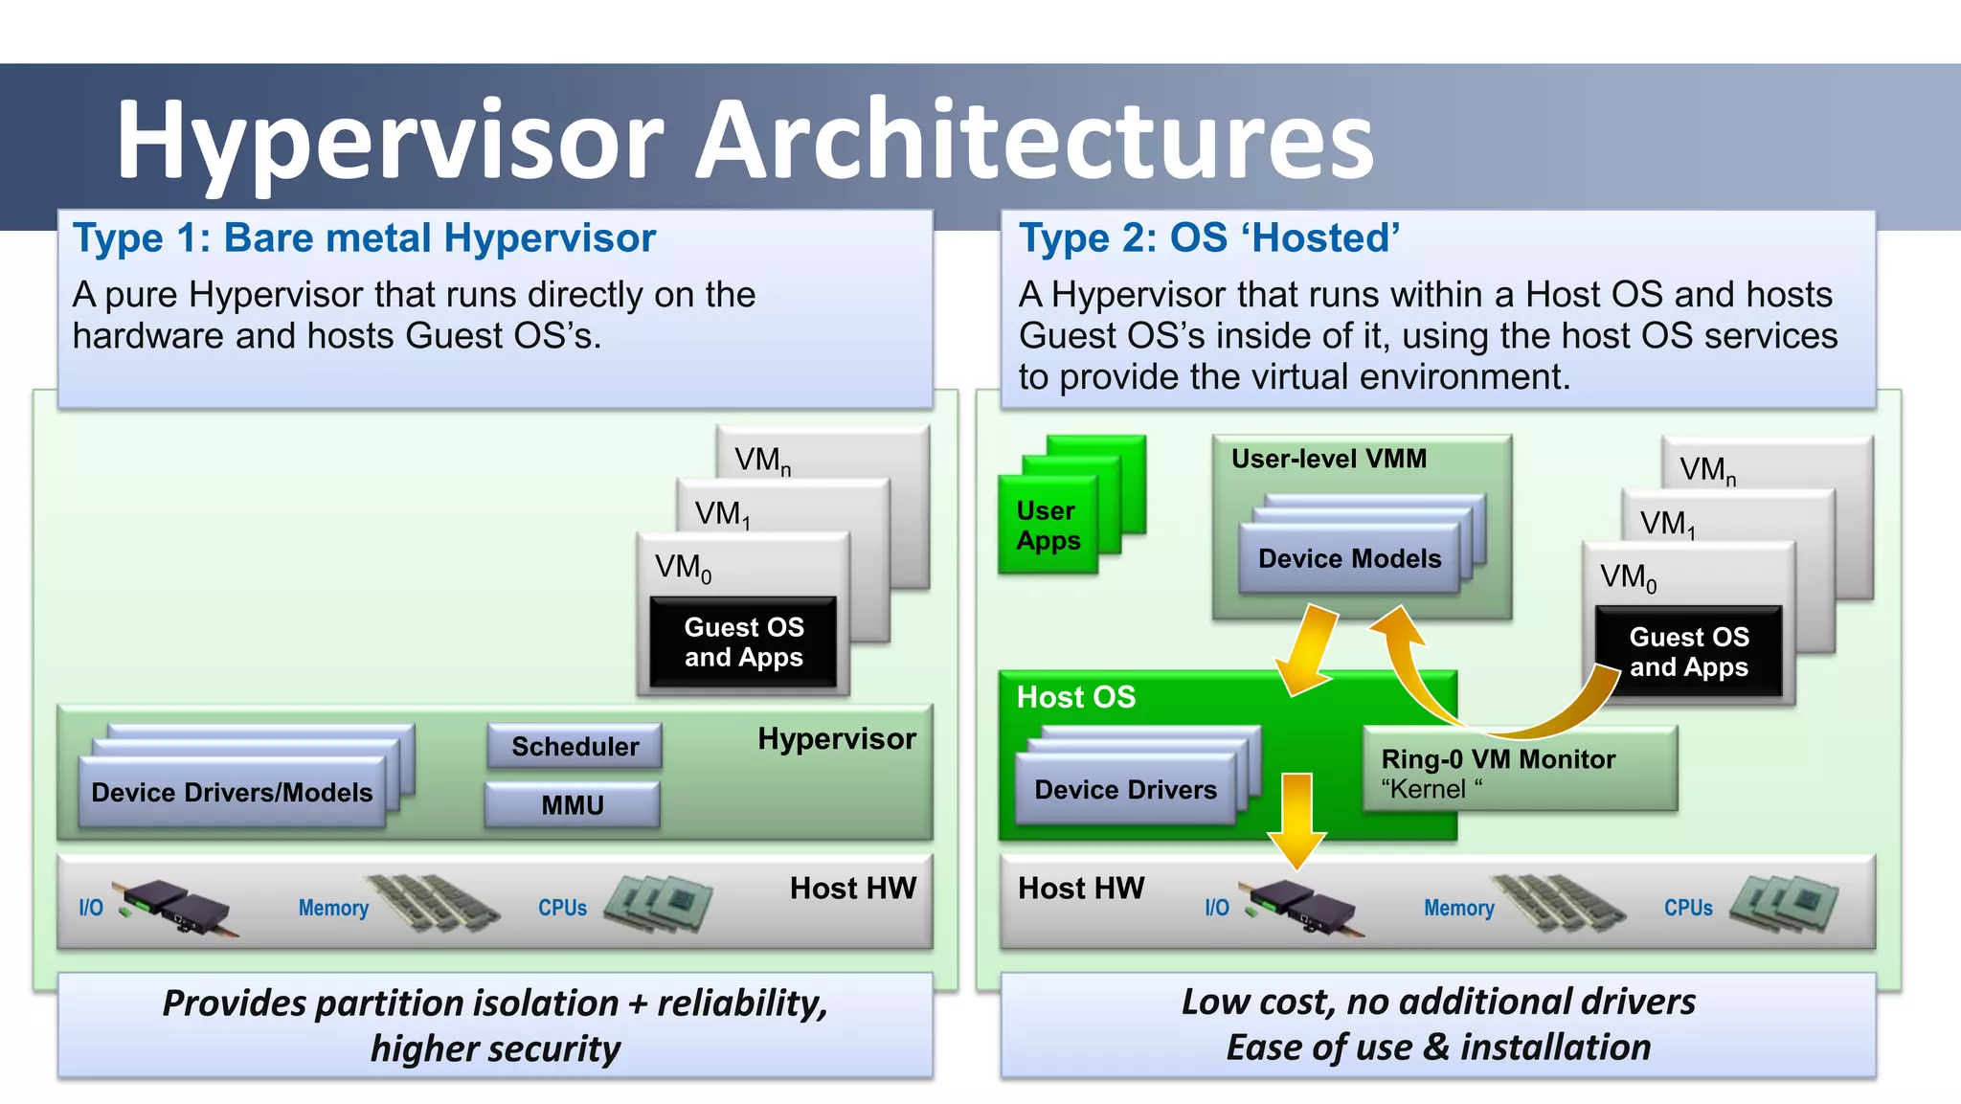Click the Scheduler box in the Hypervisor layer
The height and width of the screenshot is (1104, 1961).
[x=575, y=746]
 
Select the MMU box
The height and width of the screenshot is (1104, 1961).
[x=573, y=804]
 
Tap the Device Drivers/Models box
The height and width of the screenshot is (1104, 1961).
[x=232, y=792]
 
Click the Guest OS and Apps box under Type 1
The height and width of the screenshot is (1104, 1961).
[x=743, y=642]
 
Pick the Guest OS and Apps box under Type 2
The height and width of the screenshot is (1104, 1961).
[x=1689, y=651]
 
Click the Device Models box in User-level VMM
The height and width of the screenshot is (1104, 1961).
[x=1349, y=559]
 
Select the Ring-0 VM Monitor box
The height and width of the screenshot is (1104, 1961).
[x=1520, y=770]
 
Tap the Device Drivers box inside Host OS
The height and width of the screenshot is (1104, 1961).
[x=1125, y=790]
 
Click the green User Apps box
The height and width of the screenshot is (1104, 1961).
[x=1048, y=526]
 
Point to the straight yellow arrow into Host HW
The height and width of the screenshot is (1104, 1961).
[x=1296, y=820]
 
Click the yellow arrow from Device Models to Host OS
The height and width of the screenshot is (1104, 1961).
[x=1306, y=650]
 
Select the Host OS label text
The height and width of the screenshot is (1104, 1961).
[x=1076, y=697]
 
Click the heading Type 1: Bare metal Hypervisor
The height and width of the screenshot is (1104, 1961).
[x=364, y=238]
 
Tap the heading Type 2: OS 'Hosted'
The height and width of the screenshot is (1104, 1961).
[x=1208, y=238]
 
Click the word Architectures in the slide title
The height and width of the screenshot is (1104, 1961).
[x=1034, y=141]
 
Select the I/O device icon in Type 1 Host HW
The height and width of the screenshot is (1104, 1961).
[x=174, y=906]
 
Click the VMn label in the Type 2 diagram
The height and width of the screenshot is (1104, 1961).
[x=1707, y=469]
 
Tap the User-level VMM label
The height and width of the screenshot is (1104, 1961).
[x=1328, y=459]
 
